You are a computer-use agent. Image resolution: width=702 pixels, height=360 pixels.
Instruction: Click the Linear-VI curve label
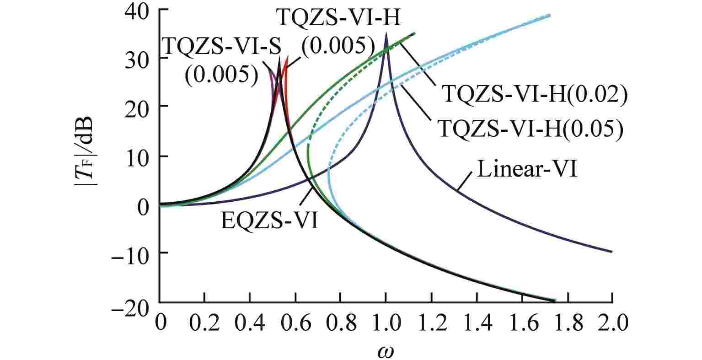[528, 171]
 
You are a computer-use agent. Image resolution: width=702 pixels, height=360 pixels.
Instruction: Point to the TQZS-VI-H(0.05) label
[531, 129]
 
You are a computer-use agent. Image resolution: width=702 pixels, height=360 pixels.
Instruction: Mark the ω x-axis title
[386, 351]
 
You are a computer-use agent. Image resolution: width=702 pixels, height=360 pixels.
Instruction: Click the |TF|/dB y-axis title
[86, 156]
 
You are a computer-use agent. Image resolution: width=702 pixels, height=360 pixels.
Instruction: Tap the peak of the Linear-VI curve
[386, 33]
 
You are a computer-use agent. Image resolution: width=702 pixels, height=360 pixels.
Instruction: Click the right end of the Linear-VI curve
[611, 252]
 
